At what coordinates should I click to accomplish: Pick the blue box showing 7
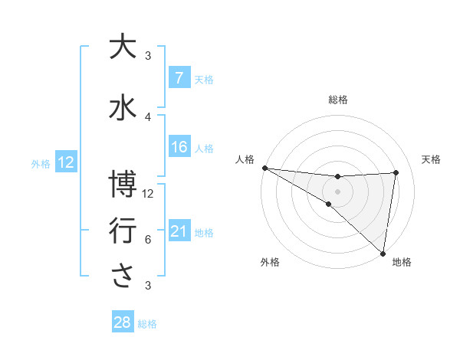[x=179, y=78]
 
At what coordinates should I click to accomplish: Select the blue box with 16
[x=179, y=147]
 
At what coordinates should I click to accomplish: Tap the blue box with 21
[x=179, y=232]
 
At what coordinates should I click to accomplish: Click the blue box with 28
[x=123, y=323]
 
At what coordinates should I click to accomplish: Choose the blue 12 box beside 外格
[x=65, y=162]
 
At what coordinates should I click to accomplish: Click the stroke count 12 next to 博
[x=149, y=193]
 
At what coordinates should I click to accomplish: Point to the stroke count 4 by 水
[x=148, y=116]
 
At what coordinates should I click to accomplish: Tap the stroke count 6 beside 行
[x=148, y=239]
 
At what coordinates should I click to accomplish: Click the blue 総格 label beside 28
[x=147, y=324]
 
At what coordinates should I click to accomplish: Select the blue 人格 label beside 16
[x=204, y=148]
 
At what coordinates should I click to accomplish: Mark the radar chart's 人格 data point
[x=264, y=168]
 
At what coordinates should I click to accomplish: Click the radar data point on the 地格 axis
[x=383, y=253]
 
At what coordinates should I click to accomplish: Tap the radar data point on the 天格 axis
[x=396, y=172]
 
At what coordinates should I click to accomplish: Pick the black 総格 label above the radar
[x=338, y=100]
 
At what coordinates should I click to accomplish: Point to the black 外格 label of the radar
[x=270, y=263]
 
